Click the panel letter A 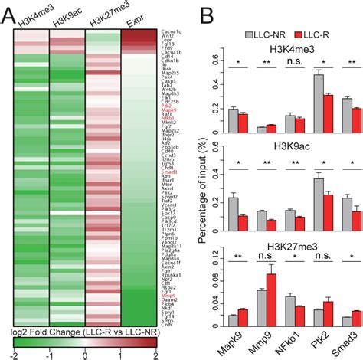pyautogui.click(x=9, y=10)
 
